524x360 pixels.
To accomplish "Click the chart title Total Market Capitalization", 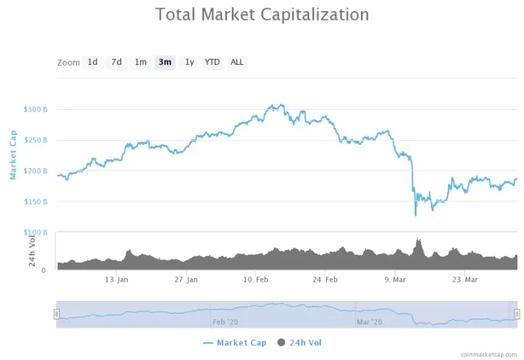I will [x=262, y=14].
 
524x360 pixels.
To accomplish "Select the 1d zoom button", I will [x=92, y=62].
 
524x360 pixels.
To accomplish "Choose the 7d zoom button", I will [x=117, y=62].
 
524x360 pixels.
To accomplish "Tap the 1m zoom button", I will [x=140, y=62].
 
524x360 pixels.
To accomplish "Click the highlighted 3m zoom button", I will [x=165, y=62].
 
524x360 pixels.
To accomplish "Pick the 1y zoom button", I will [x=190, y=62].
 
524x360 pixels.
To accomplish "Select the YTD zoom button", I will [x=212, y=62].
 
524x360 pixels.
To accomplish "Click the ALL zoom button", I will [x=237, y=62].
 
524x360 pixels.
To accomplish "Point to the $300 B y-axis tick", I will [x=36, y=109].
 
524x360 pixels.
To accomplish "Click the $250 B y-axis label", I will [x=36, y=140].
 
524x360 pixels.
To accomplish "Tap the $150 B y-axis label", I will [x=36, y=201].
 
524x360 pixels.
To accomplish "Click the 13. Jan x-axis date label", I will [x=117, y=280].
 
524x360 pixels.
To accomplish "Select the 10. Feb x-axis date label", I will [x=256, y=280].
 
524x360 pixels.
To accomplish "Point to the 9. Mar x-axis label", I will [x=396, y=280].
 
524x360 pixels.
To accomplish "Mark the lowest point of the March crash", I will [x=416, y=215].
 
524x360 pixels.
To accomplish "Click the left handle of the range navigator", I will [x=56, y=314].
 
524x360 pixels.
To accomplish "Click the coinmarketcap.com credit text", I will [x=488, y=354].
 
